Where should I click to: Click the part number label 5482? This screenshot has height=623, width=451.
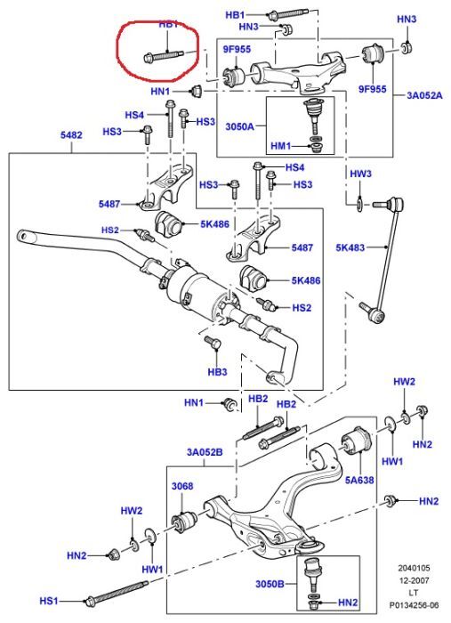point(71,135)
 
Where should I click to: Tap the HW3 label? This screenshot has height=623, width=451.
point(359,173)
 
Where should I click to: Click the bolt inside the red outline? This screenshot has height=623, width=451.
point(165,55)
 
